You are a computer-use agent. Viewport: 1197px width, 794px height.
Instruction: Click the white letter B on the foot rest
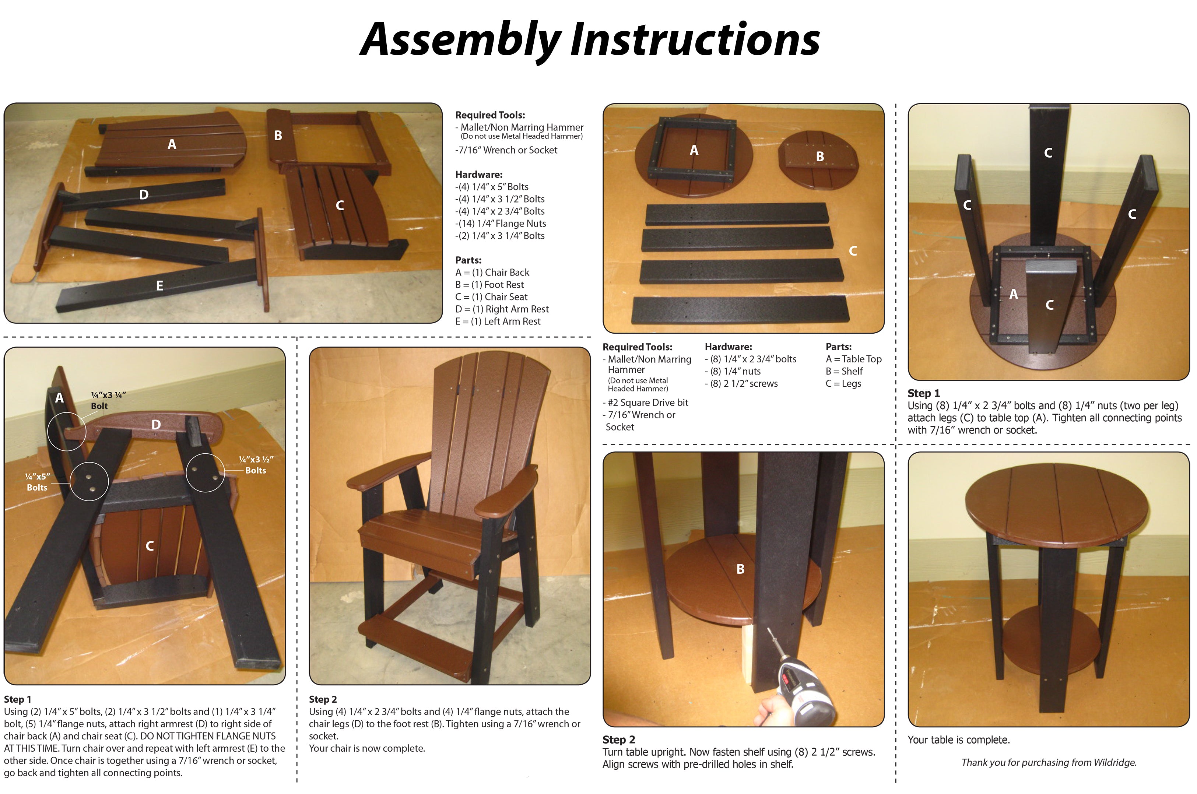click(278, 136)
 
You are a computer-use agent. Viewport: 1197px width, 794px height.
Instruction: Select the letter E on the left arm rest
click(159, 286)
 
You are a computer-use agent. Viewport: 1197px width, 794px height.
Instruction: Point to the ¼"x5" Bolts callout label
click(37, 482)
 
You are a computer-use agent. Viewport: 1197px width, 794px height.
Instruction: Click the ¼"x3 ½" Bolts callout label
click(256, 465)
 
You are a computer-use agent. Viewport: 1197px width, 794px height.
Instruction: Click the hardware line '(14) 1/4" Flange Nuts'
click(500, 223)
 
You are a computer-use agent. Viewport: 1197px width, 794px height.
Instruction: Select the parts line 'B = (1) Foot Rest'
click(489, 285)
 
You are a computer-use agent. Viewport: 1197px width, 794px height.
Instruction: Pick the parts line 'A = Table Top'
click(853, 359)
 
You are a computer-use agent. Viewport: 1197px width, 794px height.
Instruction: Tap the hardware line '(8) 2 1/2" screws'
click(741, 384)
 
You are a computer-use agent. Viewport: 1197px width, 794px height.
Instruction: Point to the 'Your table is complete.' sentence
click(958, 740)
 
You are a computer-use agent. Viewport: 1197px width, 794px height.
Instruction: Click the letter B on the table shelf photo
click(740, 569)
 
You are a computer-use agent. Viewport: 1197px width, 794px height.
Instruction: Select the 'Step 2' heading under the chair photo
click(323, 699)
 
